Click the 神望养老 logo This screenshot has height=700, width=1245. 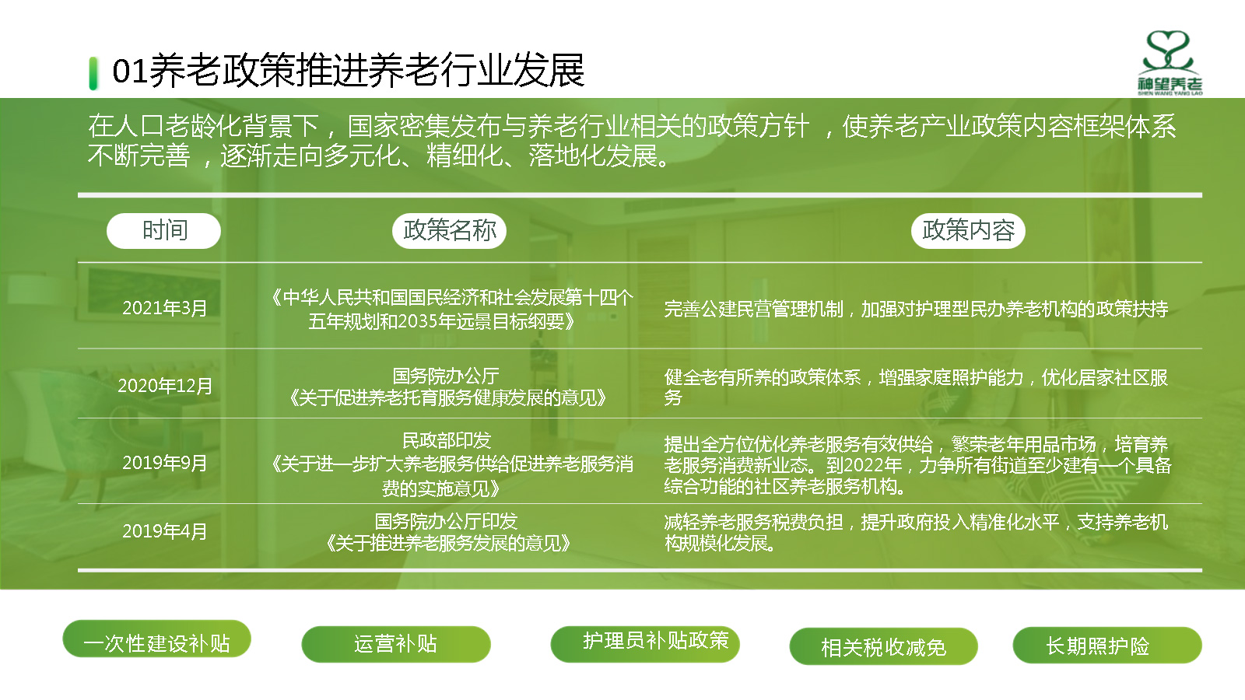click(1170, 63)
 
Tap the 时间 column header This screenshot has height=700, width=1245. click(164, 230)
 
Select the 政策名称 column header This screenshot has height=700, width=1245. click(449, 230)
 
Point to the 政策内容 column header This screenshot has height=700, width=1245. click(968, 230)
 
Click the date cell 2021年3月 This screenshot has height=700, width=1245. click(164, 308)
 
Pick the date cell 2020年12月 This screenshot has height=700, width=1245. click(165, 386)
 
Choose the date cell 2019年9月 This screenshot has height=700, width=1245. click(164, 463)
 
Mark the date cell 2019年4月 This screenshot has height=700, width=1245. click(164, 532)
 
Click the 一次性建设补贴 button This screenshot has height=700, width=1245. click(156, 639)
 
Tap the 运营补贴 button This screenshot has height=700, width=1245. click(396, 645)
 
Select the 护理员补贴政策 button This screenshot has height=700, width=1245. click(645, 645)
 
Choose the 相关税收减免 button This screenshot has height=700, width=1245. click(884, 646)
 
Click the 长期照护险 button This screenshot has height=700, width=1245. click(1107, 645)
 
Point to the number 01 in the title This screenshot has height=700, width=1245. click(130, 71)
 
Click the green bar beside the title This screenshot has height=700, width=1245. click(93, 73)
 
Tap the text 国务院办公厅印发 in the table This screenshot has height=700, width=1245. click(447, 521)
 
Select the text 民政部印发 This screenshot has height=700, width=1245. click(447, 440)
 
